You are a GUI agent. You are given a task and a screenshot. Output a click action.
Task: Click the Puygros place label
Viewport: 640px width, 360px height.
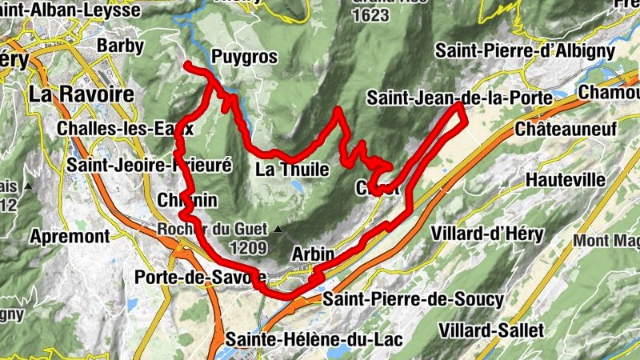tap(245, 57)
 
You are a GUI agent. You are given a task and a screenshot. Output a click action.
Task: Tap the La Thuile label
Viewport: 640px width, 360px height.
tap(293, 169)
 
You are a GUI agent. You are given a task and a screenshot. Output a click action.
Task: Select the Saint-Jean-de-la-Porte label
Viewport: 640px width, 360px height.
tap(460, 98)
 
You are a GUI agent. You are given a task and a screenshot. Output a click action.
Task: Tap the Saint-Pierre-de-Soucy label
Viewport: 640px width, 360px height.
tap(413, 299)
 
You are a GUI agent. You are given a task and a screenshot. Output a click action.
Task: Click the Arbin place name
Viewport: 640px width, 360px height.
tap(313, 254)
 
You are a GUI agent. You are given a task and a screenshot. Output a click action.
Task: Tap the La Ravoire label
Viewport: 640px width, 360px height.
tap(81, 94)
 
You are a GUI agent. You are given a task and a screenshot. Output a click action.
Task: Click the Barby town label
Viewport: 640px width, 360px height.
tap(120, 46)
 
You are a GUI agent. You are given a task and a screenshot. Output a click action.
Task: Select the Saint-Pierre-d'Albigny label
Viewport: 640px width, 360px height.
tap(525, 50)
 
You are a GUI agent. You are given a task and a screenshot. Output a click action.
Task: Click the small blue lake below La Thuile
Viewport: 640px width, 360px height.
tap(298, 186)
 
